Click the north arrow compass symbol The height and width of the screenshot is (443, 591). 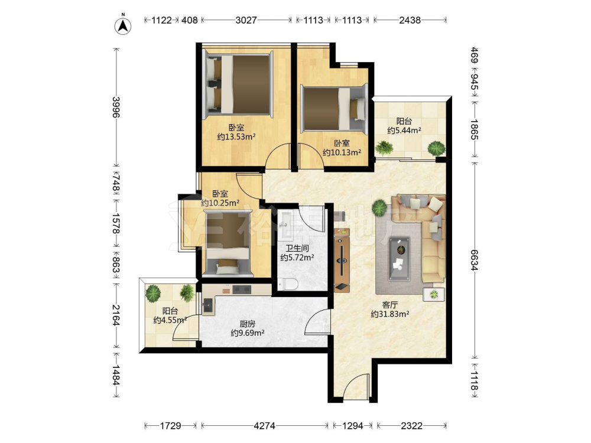point(123,25)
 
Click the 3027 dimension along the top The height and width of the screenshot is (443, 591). point(246,20)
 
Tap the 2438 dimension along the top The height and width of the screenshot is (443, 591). point(410,20)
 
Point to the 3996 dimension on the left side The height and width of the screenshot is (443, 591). point(116,107)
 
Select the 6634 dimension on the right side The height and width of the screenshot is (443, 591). point(474,259)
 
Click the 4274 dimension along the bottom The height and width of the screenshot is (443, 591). point(265,426)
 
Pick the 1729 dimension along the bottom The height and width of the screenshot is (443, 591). point(170,426)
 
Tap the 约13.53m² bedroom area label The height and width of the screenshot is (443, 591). point(236,136)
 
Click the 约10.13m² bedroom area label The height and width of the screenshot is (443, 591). point(342,152)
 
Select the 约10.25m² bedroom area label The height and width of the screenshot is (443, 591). point(220,203)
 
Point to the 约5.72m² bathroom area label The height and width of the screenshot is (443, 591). point(297,258)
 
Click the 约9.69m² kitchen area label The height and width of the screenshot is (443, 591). point(247,333)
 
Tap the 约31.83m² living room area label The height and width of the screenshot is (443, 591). point(390,314)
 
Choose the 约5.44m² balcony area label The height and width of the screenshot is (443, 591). point(404,131)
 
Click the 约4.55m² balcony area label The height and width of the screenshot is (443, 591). point(170,320)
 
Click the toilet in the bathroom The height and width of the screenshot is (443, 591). point(288,284)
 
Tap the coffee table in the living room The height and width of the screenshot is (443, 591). point(399,259)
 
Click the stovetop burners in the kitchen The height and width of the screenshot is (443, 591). point(242,289)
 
